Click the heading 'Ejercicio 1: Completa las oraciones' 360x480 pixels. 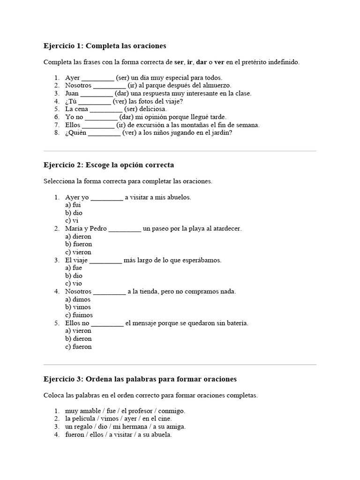point(105,46)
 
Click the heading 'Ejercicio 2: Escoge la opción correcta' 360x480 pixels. point(108,165)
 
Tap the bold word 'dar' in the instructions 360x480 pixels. point(202,62)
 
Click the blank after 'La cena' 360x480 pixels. point(106,109)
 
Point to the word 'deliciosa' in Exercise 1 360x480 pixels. point(152,109)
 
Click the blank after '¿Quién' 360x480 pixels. point(104,133)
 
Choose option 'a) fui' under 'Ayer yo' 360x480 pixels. point(73,205)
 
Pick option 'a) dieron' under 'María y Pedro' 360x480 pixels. point(78,236)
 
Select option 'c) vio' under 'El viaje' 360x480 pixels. point(74,284)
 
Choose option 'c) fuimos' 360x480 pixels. point(79,315)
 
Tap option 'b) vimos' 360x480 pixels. point(78,307)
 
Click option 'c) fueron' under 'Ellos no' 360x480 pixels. point(78,347)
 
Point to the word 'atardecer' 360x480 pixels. point(225,228)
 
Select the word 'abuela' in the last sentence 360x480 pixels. point(161,435)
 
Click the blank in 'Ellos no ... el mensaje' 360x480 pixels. point(107,323)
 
